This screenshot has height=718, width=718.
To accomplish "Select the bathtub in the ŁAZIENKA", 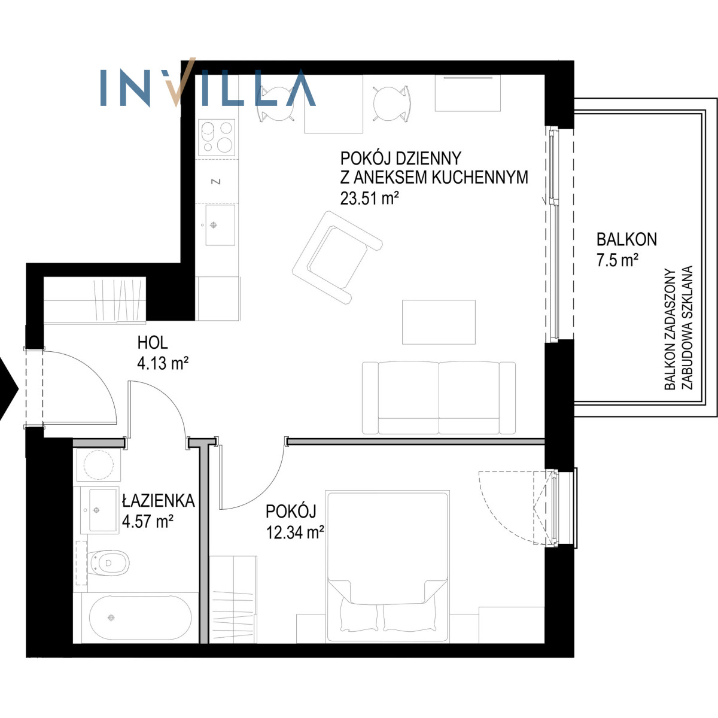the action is [x=140, y=618].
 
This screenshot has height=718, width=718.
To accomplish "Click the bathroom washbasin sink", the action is [x=99, y=510].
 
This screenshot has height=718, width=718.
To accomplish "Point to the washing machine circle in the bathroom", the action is [x=98, y=465].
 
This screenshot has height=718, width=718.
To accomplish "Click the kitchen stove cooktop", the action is [x=217, y=137].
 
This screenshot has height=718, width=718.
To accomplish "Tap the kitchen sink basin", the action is [x=220, y=225].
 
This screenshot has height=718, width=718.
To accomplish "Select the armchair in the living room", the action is [x=337, y=257].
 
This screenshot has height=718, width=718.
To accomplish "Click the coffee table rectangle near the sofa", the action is [x=439, y=322].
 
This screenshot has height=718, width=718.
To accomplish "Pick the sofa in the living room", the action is [x=439, y=397].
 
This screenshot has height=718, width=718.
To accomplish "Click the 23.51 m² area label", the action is [x=370, y=198].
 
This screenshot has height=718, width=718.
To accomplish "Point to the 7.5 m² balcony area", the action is [x=617, y=260].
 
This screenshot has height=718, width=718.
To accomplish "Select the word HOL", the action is [x=153, y=342].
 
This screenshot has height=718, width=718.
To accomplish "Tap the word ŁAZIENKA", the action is [x=159, y=501].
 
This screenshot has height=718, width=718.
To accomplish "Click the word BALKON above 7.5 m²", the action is [x=626, y=239].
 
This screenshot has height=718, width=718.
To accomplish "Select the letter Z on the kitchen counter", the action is [x=215, y=181].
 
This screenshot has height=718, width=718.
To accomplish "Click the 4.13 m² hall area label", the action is [x=163, y=363].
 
